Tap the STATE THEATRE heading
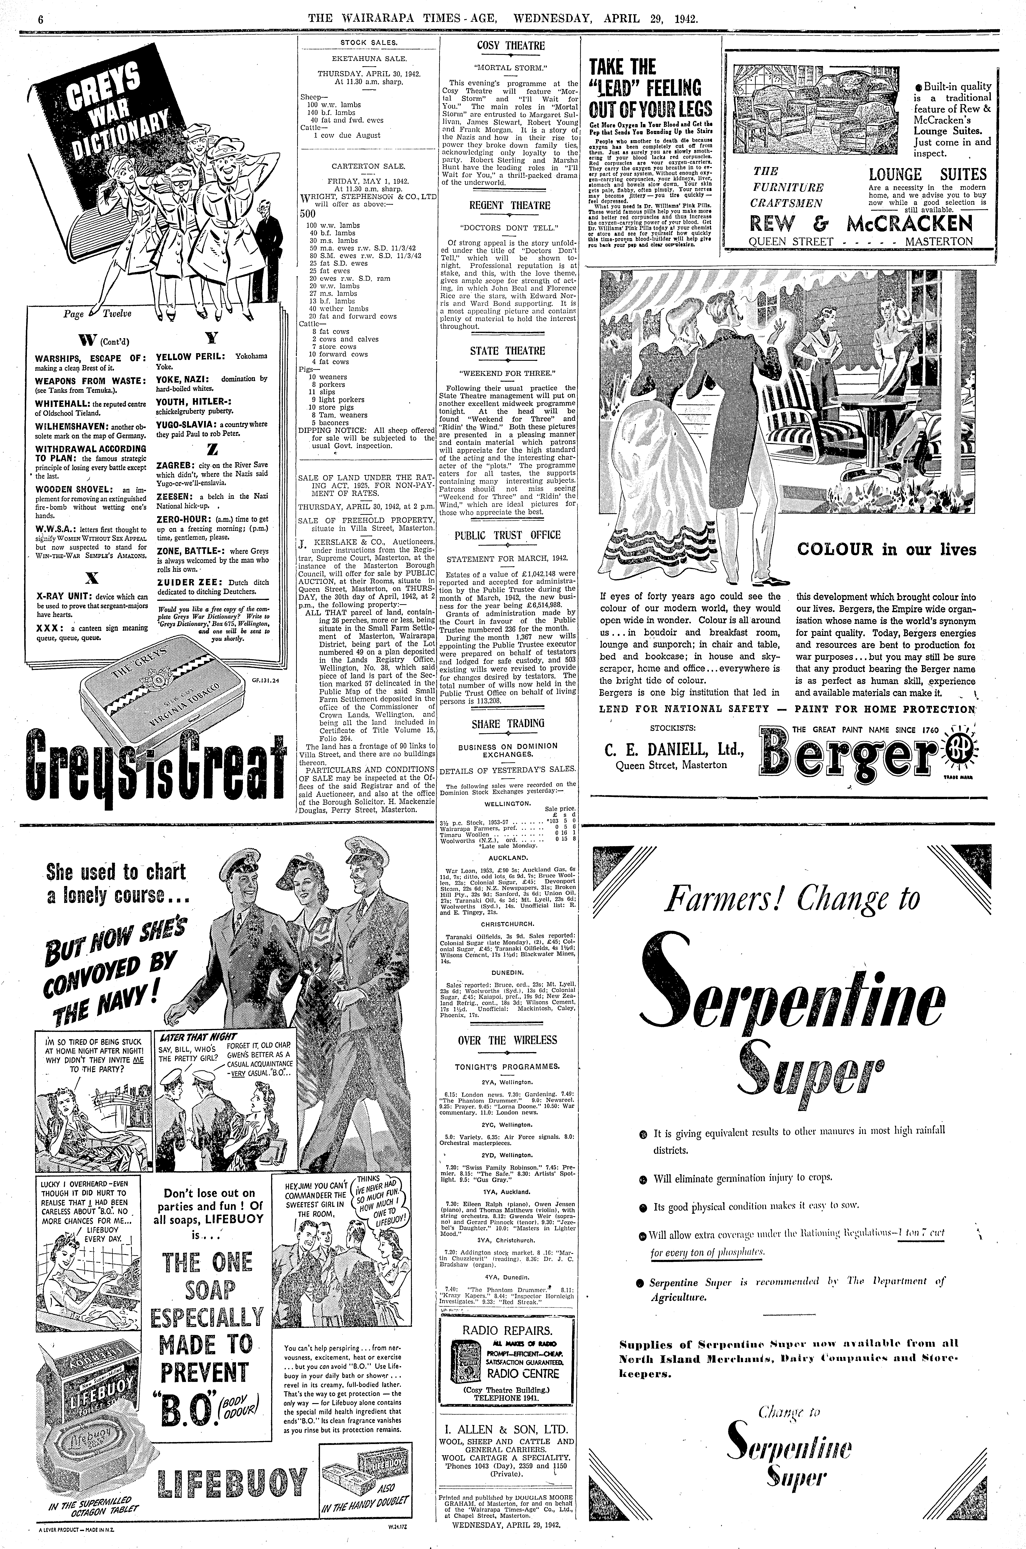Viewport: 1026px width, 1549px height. point(507,351)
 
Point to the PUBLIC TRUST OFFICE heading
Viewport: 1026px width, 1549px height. point(508,535)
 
